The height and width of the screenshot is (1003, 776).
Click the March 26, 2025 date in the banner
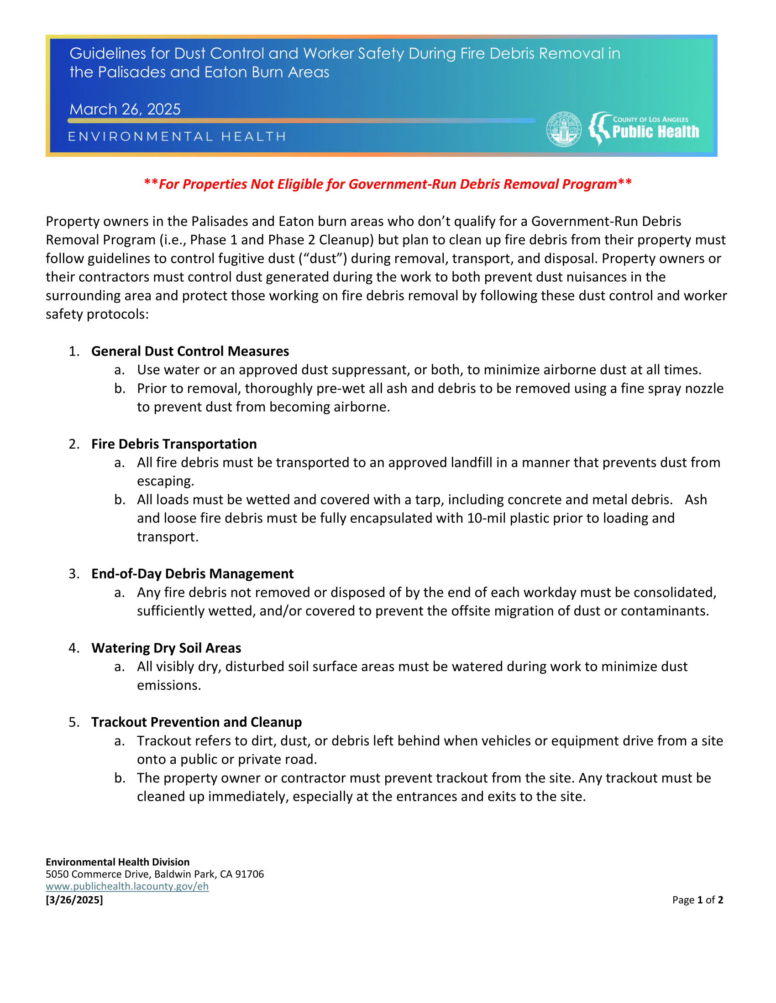tap(125, 109)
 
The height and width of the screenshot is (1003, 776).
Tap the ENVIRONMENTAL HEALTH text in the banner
tap(177, 136)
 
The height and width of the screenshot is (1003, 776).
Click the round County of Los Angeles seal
tap(564, 129)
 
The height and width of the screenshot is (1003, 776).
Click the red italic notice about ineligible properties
tap(388, 184)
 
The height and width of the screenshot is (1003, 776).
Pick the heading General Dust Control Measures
tap(190, 351)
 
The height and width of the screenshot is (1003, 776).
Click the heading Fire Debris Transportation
tap(174, 444)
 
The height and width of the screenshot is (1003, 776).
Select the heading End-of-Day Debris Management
tap(192, 574)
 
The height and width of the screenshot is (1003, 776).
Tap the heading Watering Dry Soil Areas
tap(166, 647)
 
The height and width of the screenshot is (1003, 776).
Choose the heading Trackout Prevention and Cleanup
tap(196, 722)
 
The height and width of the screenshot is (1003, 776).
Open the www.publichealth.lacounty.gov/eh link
tap(127, 886)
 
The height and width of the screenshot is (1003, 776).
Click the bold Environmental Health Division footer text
tap(117, 862)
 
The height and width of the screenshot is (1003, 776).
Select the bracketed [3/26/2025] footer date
tap(74, 900)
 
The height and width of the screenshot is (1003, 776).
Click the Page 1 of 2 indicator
tap(697, 900)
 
